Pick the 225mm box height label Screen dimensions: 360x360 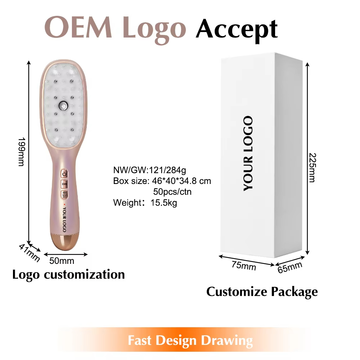[312, 167]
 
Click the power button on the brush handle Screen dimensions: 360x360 [64, 174]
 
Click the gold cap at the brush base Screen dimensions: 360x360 [64, 242]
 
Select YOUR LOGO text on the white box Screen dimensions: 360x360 [248, 153]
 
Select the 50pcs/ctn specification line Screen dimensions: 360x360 [172, 192]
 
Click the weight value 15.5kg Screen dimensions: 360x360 [164, 203]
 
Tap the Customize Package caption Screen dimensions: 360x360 [262, 292]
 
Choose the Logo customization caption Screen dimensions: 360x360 [68, 275]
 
